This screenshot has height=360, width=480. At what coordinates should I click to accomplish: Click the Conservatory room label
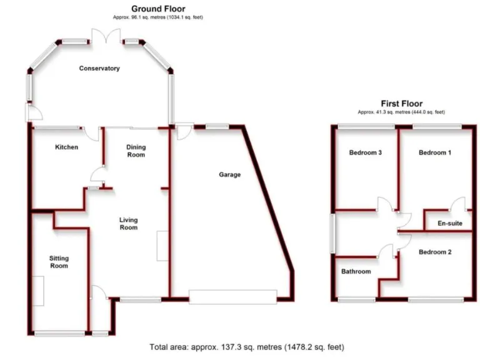(x=99, y=68)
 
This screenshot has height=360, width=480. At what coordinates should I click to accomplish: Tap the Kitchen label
(x=67, y=147)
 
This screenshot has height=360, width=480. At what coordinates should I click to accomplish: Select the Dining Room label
(x=136, y=151)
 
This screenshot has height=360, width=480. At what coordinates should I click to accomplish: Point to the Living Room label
(x=129, y=224)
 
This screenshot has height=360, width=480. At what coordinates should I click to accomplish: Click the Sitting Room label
(x=59, y=262)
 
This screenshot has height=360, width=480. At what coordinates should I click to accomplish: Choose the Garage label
(x=229, y=175)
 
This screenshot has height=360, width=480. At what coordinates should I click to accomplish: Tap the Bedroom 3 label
(x=366, y=152)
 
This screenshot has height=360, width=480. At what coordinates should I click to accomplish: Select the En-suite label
(x=449, y=223)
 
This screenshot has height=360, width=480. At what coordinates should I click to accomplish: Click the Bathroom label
(x=356, y=271)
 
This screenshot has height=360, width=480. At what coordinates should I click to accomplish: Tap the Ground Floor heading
(x=157, y=9)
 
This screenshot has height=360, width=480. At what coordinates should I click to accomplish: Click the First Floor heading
(x=401, y=104)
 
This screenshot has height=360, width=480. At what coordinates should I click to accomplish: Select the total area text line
(x=246, y=347)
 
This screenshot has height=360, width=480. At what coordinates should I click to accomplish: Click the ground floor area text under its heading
(x=157, y=17)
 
